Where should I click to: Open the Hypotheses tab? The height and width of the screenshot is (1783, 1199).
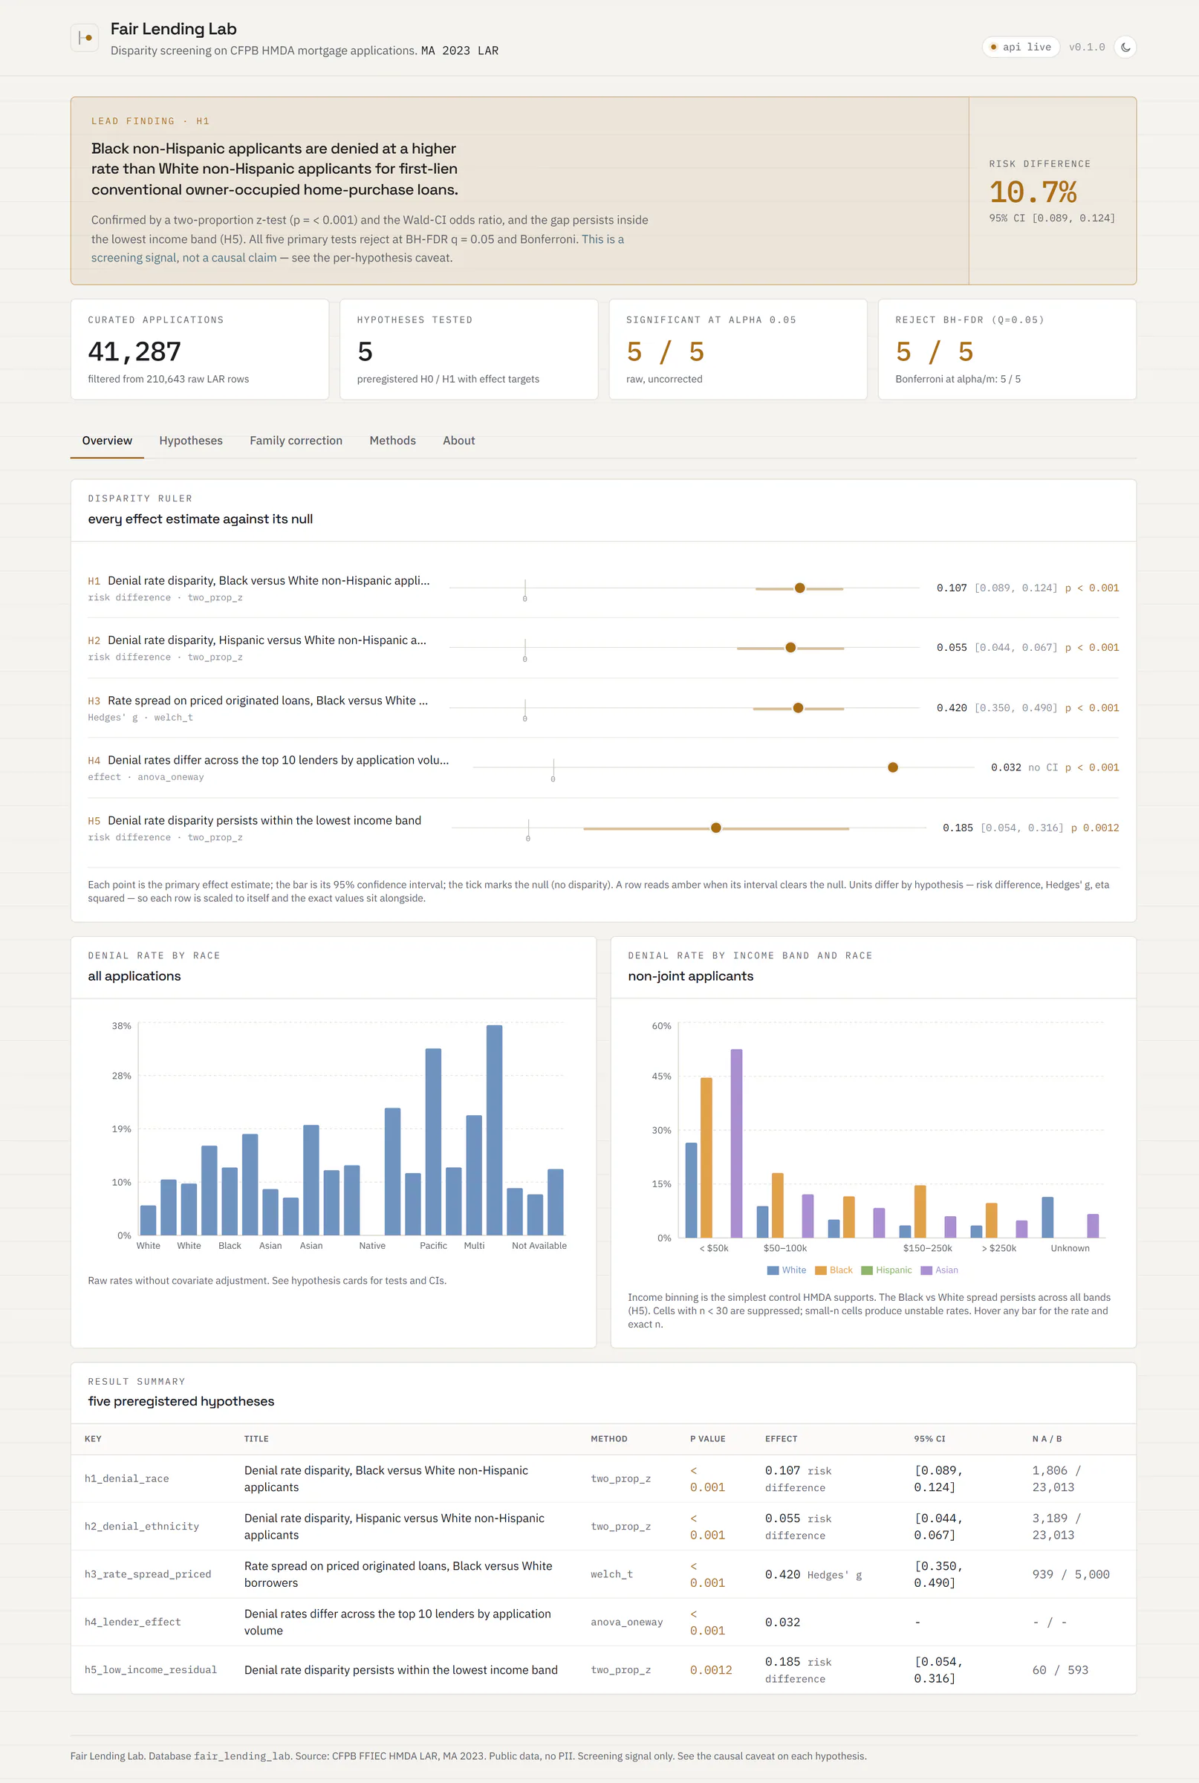[x=190, y=441]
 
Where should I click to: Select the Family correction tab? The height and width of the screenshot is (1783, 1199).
[x=296, y=441]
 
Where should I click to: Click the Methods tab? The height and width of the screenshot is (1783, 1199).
[x=392, y=441]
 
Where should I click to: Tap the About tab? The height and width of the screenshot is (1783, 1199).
[x=459, y=441]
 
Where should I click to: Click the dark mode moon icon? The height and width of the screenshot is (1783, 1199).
[x=1125, y=48]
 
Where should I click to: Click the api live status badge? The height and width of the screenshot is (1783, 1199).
[x=1021, y=48]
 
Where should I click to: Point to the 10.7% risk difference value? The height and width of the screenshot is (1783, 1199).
[x=1033, y=192]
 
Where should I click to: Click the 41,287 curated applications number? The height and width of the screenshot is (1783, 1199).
[x=134, y=351]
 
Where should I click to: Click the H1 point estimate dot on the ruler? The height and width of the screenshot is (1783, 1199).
[x=800, y=588]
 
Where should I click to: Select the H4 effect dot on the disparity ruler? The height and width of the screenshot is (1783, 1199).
[x=892, y=767]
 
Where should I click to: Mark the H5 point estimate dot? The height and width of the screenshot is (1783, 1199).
[x=715, y=828]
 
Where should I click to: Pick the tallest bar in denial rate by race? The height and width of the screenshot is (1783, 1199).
[x=495, y=1130]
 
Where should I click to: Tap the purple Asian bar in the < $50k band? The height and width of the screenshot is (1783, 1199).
[x=736, y=1143]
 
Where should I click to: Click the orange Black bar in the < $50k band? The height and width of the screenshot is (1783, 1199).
[x=706, y=1157]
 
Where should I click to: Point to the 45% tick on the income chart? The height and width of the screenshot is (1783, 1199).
[x=661, y=1076]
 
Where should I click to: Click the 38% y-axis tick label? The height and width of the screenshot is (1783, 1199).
[x=122, y=1025]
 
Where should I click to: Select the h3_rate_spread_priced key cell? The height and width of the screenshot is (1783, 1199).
[x=148, y=1574]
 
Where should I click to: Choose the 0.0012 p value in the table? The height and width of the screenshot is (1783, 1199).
[x=711, y=1670]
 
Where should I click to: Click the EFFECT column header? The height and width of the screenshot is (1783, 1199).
[x=782, y=1439]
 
